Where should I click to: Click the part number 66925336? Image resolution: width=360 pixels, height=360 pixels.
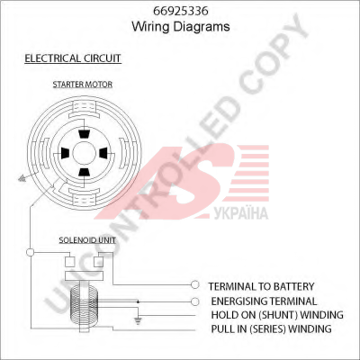click(x=181, y=11)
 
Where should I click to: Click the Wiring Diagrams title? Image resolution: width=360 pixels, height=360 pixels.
click(x=181, y=26)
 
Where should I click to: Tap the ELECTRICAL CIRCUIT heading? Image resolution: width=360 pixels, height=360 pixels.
click(x=73, y=58)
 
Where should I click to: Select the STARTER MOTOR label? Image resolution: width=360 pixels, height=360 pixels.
click(x=83, y=85)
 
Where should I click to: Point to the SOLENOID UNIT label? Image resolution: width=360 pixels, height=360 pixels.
click(x=87, y=240)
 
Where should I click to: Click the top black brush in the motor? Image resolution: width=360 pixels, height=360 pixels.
click(x=84, y=134)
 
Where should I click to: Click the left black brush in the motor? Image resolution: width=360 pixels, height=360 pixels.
click(x=65, y=153)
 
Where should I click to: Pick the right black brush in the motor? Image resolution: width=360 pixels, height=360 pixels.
click(x=103, y=153)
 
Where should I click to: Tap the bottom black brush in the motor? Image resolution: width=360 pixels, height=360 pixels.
click(x=84, y=172)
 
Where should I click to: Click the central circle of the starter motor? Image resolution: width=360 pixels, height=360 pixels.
click(x=84, y=153)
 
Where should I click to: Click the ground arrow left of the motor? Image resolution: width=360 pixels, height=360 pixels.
click(x=22, y=179)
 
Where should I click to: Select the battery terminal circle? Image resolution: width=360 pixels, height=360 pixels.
click(x=195, y=284)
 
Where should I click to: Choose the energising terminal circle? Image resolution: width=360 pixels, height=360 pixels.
click(x=195, y=301)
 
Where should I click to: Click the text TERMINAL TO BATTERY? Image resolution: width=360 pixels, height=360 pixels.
click(x=261, y=286)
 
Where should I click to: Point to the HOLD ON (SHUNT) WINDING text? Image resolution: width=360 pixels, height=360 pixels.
click(x=277, y=315)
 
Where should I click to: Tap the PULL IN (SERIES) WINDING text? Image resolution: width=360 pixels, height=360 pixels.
click(x=271, y=329)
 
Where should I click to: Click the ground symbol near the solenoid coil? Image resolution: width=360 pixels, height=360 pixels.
click(x=138, y=321)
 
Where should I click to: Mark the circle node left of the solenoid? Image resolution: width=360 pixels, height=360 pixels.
click(x=30, y=252)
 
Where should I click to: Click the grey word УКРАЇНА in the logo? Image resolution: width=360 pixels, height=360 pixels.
click(x=241, y=213)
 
